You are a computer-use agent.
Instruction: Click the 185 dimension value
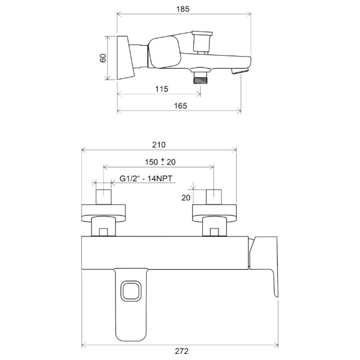coord(183,9)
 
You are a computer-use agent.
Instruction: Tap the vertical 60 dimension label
coord(103,58)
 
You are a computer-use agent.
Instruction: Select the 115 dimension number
coord(162,89)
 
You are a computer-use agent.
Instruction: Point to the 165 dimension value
coord(180,106)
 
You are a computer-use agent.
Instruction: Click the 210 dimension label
coord(159,145)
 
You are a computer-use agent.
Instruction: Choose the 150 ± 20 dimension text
coord(160,162)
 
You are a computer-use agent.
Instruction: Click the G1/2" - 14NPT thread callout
coord(146,179)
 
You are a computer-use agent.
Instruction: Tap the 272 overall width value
coord(181,351)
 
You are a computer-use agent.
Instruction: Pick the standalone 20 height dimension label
coord(186,197)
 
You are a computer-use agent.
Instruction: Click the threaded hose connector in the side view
coord(201,78)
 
